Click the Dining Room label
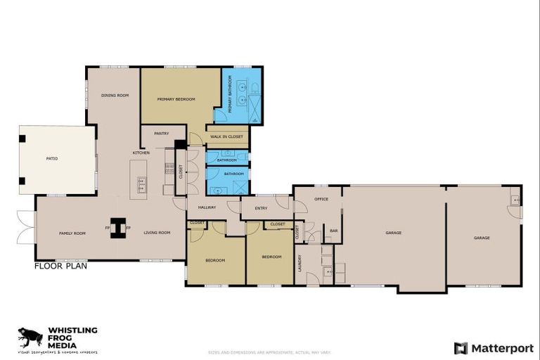pyautogui.click(x=114, y=96)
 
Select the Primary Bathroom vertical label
pyautogui.click(x=230, y=89)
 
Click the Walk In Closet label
pyautogui.click(x=226, y=136)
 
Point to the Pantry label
pyautogui.click(x=161, y=133)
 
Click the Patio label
pyautogui.click(x=52, y=159)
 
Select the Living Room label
pyautogui.click(x=157, y=233)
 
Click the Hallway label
pyautogui.click(x=207, y=207)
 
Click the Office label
pyautogui.click(x=321, y=200)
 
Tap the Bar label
pyautogui.click(x=334, y=231)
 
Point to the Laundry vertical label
pyautogui.click(x=300, y=263)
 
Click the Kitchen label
pyautogui.click(x=141, y=153)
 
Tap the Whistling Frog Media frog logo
pyautogui.click(x=30, y=337)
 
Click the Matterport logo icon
pyautogui.click(x=461, y=348)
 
